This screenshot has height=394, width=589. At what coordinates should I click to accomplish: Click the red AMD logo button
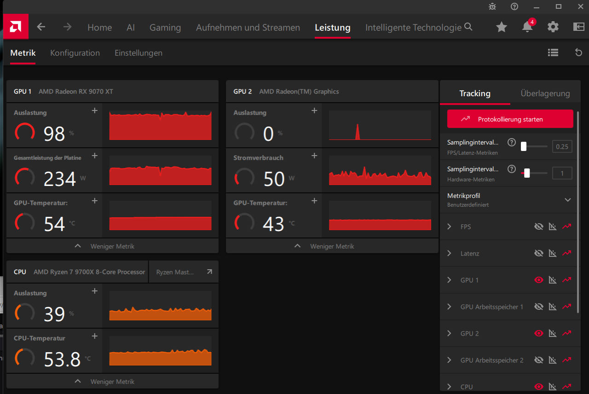16,27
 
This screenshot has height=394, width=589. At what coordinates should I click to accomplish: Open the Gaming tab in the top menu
165,27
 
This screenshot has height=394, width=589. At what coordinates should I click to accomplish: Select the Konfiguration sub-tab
75,53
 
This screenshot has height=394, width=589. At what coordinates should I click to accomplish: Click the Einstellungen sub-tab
139,53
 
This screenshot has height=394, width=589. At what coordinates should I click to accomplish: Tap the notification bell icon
527,27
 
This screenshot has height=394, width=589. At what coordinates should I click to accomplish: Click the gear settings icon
553,27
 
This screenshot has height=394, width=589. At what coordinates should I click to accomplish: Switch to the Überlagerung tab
545,93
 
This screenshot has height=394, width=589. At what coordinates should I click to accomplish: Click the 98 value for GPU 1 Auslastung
54,133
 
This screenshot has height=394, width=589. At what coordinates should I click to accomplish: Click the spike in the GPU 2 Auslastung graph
358,132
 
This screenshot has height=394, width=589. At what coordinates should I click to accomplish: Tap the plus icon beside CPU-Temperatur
95,336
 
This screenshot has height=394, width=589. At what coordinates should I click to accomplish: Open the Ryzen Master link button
184,272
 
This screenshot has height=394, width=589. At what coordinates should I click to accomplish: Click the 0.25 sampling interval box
562,146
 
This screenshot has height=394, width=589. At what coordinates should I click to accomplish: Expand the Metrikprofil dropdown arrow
568,200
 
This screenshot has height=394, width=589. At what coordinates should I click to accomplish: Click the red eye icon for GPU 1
539,280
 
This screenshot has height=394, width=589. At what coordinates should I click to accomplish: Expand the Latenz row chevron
450,253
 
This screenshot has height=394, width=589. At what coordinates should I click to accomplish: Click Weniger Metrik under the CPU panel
112,382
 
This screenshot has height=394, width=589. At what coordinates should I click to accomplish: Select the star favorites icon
502,27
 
